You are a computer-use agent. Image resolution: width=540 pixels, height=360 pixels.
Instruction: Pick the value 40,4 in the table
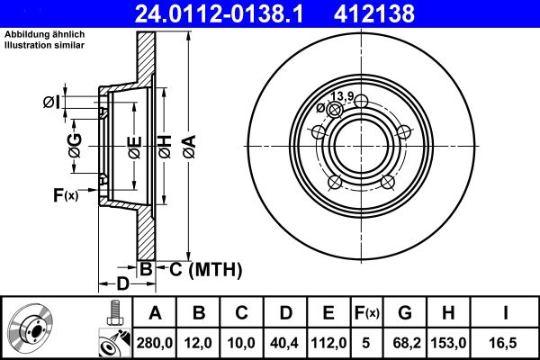tap(285, 342)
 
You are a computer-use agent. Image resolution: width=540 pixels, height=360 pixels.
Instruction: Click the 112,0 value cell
tap(328, 342)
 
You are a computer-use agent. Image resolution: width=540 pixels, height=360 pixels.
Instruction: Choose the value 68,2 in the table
tap(406, 342)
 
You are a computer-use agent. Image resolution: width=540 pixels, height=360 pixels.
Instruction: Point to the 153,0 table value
tap(449, 342)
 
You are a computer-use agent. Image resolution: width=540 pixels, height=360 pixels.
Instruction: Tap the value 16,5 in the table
tap(506, 342)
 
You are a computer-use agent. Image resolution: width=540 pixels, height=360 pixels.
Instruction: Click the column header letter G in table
tap(406, 312)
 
